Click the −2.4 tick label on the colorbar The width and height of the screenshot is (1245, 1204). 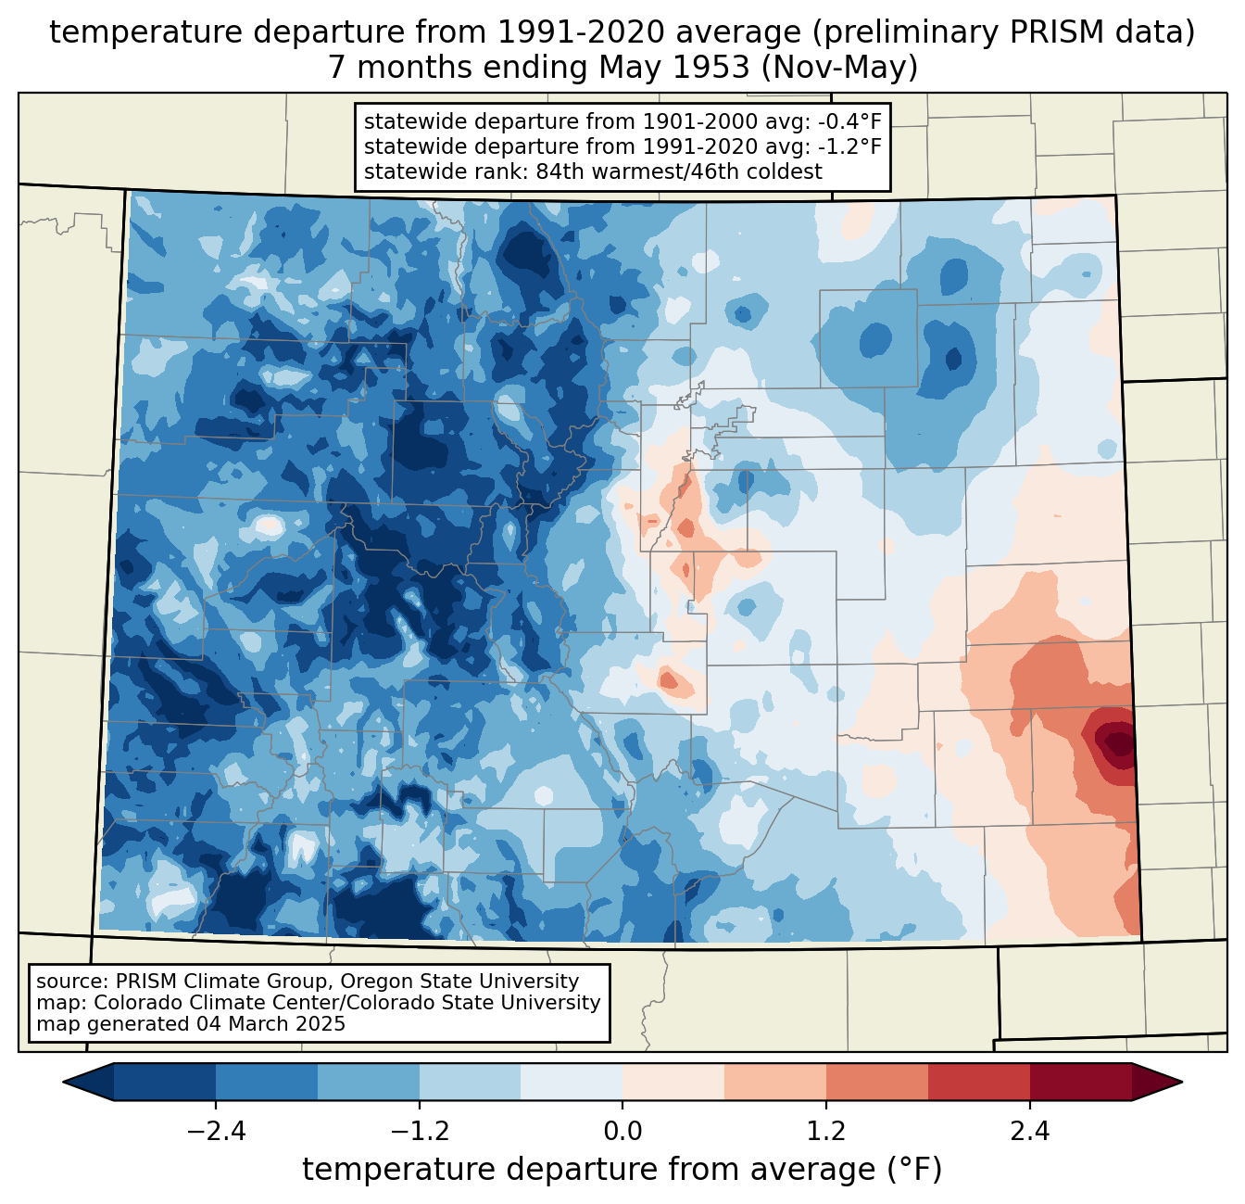(x=216, y=1132)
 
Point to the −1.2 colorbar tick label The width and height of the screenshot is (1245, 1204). (x=420, y=1132)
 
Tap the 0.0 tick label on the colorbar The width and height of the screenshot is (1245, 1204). (x=622, y=1132)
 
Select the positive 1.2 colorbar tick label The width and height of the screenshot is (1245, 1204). (x=826, y=1132)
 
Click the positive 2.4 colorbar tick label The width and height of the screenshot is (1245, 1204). (x=1029, y=1132)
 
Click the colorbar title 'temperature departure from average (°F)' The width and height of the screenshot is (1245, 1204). (x=622, y=1170)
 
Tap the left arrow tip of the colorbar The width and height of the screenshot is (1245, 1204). (x=63, y=1083)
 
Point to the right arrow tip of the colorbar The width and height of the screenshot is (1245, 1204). (x=1182, y=1083)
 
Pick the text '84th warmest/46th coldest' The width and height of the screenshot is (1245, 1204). (x=679, y=171)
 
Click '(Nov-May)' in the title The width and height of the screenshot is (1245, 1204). (x=839, y=68)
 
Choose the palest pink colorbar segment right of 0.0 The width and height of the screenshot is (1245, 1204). (x=673, y=1083)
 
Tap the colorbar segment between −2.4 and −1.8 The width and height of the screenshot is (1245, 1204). (x=267, y=1083)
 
